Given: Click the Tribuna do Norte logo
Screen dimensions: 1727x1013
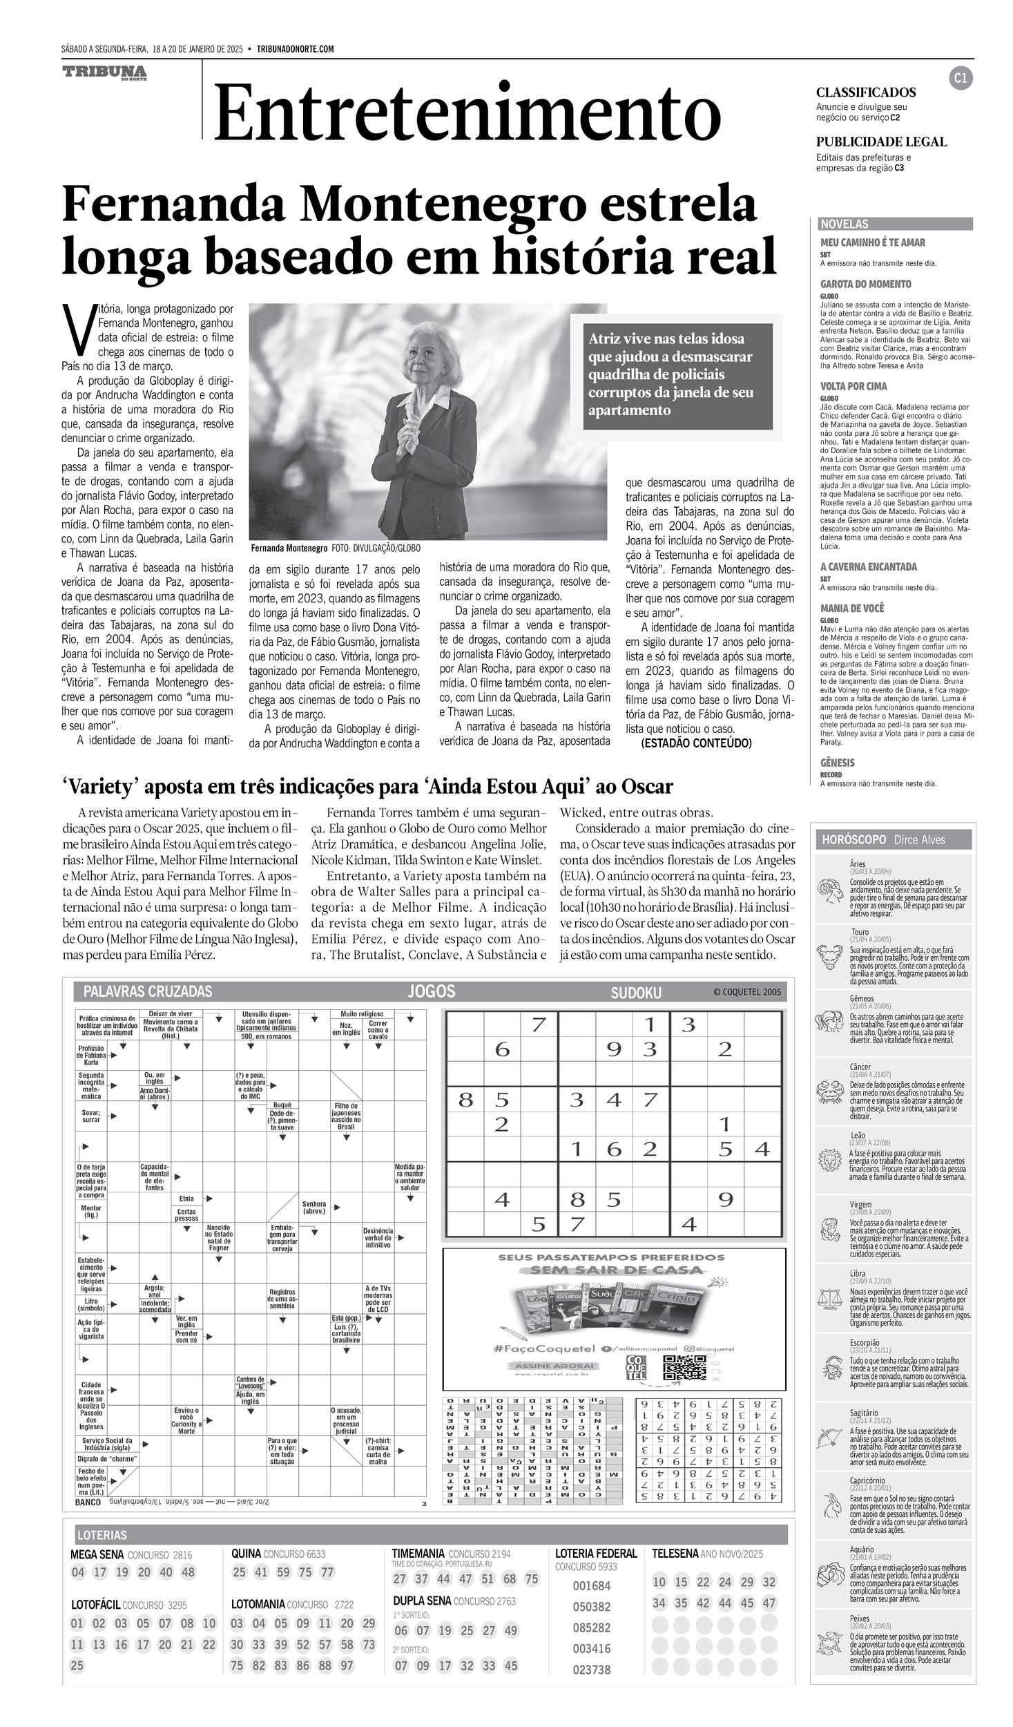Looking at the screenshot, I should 104,73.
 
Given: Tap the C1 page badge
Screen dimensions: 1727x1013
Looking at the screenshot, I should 961,79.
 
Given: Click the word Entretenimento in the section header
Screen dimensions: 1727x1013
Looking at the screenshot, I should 467,113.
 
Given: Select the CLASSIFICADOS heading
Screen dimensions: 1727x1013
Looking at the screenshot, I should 866,93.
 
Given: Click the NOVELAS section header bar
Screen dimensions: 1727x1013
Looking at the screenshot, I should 895,224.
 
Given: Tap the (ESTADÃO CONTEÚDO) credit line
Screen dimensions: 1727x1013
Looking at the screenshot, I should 696,743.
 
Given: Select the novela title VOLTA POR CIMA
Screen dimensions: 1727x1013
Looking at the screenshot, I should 853,386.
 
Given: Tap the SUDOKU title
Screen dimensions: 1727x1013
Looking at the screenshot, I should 635,993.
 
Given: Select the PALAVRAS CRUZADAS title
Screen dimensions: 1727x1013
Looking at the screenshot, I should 148,992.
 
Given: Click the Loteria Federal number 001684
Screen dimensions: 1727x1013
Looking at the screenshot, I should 592,1585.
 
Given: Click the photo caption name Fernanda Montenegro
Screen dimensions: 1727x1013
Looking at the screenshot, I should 289,548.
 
